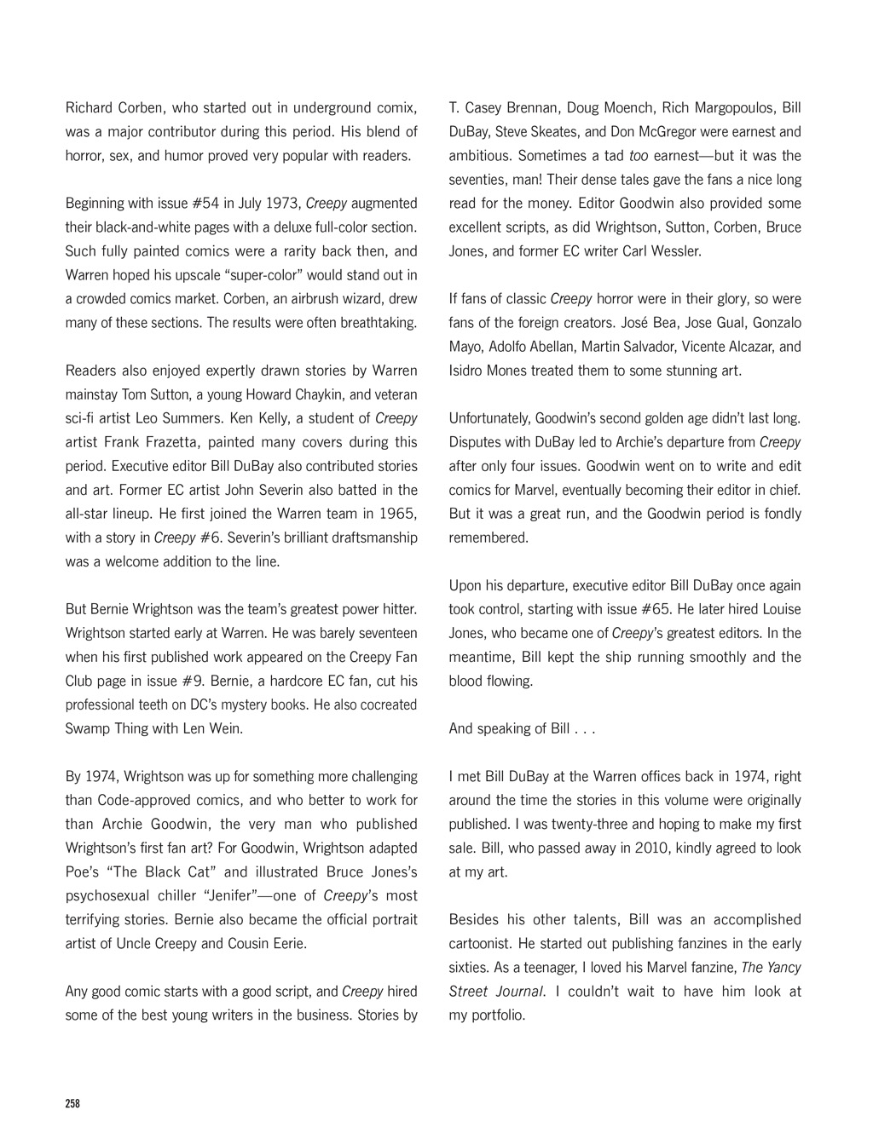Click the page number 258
(72, 1103)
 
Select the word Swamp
(85, 728)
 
